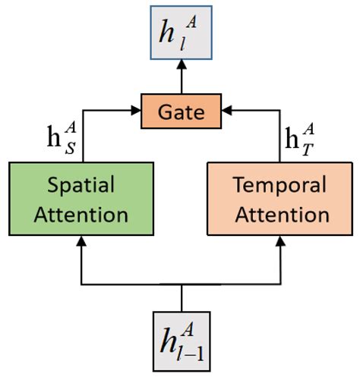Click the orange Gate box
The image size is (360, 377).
click(x=180, y=112)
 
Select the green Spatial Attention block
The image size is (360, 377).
click(x=83, y=199)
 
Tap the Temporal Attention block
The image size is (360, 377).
click(x=280, y=199)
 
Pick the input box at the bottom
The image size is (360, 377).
click(x=180, y=341)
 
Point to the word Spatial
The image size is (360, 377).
click(x=83, y=186)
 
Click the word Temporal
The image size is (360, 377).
click(x=280, y=186)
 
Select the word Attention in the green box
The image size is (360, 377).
click(x=83, y=215)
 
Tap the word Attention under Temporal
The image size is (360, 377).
click(x=280, y=215)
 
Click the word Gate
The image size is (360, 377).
click(x=180, y=112)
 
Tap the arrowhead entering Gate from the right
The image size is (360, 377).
click(x=226, y=112)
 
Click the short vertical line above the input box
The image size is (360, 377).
click(x=181, y=297)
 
